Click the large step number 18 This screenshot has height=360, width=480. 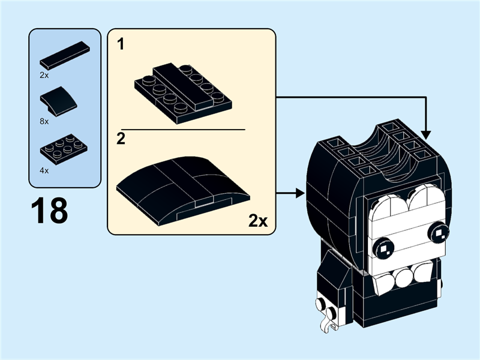pos(49,212)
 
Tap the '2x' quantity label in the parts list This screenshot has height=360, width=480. pos(44,76)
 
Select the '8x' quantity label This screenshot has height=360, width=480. pos(44,121)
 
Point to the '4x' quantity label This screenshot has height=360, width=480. pos(44,170)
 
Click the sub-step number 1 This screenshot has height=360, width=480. pos(121,46)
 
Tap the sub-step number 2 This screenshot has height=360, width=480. pos(121,140)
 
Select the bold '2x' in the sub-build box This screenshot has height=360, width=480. pos(257,221)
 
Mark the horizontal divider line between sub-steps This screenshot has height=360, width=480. pos(183,129)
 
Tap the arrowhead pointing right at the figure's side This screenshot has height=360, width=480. pos(298,193)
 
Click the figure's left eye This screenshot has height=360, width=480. pos(383,246)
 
